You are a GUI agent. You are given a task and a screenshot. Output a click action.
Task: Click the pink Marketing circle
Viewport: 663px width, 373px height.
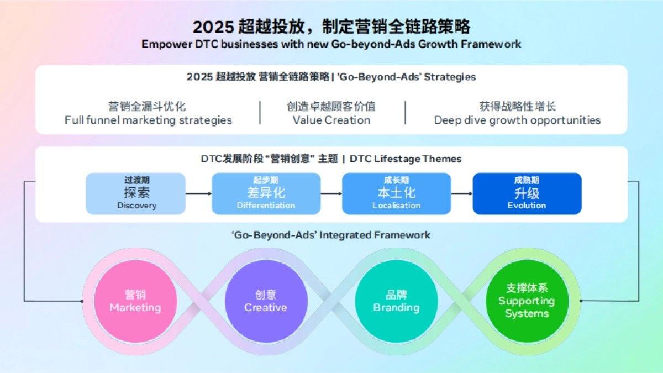(135, 301)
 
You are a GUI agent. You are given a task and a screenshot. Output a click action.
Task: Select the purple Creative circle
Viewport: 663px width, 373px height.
(266, 301)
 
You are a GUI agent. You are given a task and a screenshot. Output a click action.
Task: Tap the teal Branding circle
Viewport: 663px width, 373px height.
(396, 301)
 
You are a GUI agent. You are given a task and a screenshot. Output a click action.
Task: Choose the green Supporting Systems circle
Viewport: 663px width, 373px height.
(527, 301)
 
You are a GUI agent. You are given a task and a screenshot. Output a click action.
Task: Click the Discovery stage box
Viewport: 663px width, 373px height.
(136, 193)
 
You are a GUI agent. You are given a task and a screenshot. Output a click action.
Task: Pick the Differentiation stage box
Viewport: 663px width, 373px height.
(266, 193)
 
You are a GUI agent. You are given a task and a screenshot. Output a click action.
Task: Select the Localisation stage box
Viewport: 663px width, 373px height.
(396, 193)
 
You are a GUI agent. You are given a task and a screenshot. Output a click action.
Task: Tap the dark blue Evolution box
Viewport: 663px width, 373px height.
(527, 193)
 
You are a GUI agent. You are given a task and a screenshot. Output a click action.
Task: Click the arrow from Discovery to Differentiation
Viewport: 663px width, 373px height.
(198, 193)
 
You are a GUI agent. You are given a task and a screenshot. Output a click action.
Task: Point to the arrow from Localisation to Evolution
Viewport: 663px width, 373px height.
(461, 193)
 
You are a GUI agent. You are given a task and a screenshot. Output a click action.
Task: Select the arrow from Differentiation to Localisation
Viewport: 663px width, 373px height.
(331, 193)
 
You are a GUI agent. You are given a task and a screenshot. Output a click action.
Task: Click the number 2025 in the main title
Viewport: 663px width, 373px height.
(213, 27)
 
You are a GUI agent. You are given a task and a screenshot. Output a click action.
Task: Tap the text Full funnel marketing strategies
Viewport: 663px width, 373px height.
(148, 120)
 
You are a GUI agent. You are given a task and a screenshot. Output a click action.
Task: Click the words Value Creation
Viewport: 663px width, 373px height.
(331, 120)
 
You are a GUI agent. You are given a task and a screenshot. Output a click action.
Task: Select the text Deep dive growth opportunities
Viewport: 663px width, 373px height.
(517, 120)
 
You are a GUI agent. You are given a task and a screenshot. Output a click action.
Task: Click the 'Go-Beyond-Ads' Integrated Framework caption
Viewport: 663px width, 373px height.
(331, 235)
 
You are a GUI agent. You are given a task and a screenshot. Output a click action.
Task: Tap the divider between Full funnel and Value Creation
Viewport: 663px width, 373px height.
(260, 113)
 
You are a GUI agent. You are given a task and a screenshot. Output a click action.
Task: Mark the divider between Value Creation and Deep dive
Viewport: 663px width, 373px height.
(405, 113)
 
